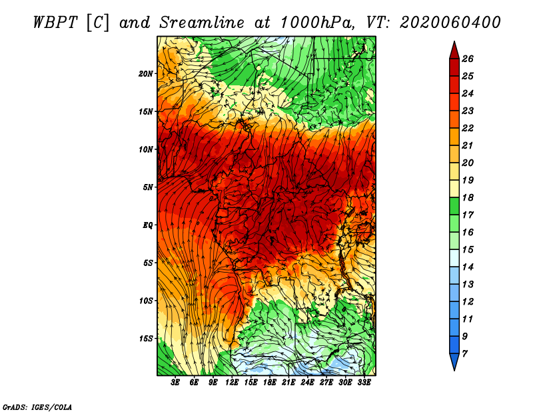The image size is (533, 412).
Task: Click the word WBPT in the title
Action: click(56, 23)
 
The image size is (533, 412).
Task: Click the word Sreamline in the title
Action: click(202, 23)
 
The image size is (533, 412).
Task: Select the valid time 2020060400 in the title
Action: click(450, 23)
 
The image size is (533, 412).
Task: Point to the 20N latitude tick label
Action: click(146, 74)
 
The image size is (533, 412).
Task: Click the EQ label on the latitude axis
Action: click(148, 225)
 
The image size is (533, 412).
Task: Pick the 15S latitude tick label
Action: click(146, 339)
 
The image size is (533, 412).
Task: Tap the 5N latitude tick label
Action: click(148, 187)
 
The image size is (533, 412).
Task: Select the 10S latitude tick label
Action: click(146, 301)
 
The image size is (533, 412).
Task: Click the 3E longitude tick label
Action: click(175, 383)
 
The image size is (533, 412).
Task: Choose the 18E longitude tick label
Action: click(270, 383)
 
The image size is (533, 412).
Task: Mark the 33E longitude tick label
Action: click(364, 383)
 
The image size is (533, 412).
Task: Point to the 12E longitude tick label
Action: click(232, 383)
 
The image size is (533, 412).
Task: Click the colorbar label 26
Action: click(468, 59)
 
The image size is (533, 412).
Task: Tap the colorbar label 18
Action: click(468, 197)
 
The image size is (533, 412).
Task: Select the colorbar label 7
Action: click(465, 354)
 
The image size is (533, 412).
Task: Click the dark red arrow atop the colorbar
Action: click(454, 51)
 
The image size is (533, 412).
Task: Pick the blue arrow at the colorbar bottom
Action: click(454, 361)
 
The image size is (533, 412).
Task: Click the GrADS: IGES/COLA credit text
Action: click(37, 407)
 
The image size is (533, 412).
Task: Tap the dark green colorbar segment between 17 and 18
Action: click(454, 206)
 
